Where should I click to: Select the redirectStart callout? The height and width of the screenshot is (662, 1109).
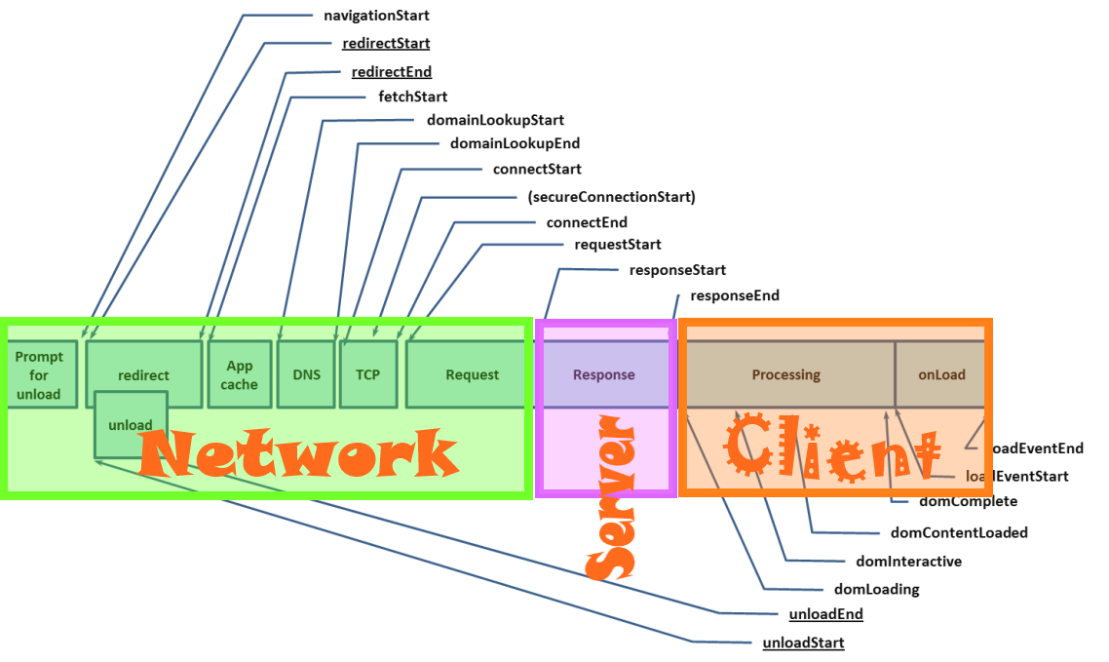[386, 43]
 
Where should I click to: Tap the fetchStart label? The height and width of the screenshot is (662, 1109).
[413, 97]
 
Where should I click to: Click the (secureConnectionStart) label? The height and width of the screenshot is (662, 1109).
[611, 197]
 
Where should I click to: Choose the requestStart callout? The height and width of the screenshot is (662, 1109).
[618, 245]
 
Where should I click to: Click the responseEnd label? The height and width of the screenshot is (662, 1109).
[735, 295]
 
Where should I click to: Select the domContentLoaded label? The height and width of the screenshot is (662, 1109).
[959, 532]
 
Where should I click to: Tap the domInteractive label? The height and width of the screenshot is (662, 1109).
[908, 561]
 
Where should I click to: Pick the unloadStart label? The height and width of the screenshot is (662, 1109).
[803, 643]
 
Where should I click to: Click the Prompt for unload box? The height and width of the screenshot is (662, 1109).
[39, 374]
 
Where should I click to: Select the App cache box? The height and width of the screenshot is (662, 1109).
[239, 374]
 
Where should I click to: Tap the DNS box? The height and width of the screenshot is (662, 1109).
[306, 374]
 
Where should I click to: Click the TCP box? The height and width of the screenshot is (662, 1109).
[367, 374]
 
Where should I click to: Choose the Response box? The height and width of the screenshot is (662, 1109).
[604, 374]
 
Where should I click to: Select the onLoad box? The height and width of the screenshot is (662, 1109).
[940, 374]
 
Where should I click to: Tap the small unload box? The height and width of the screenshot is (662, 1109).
[130, 425]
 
